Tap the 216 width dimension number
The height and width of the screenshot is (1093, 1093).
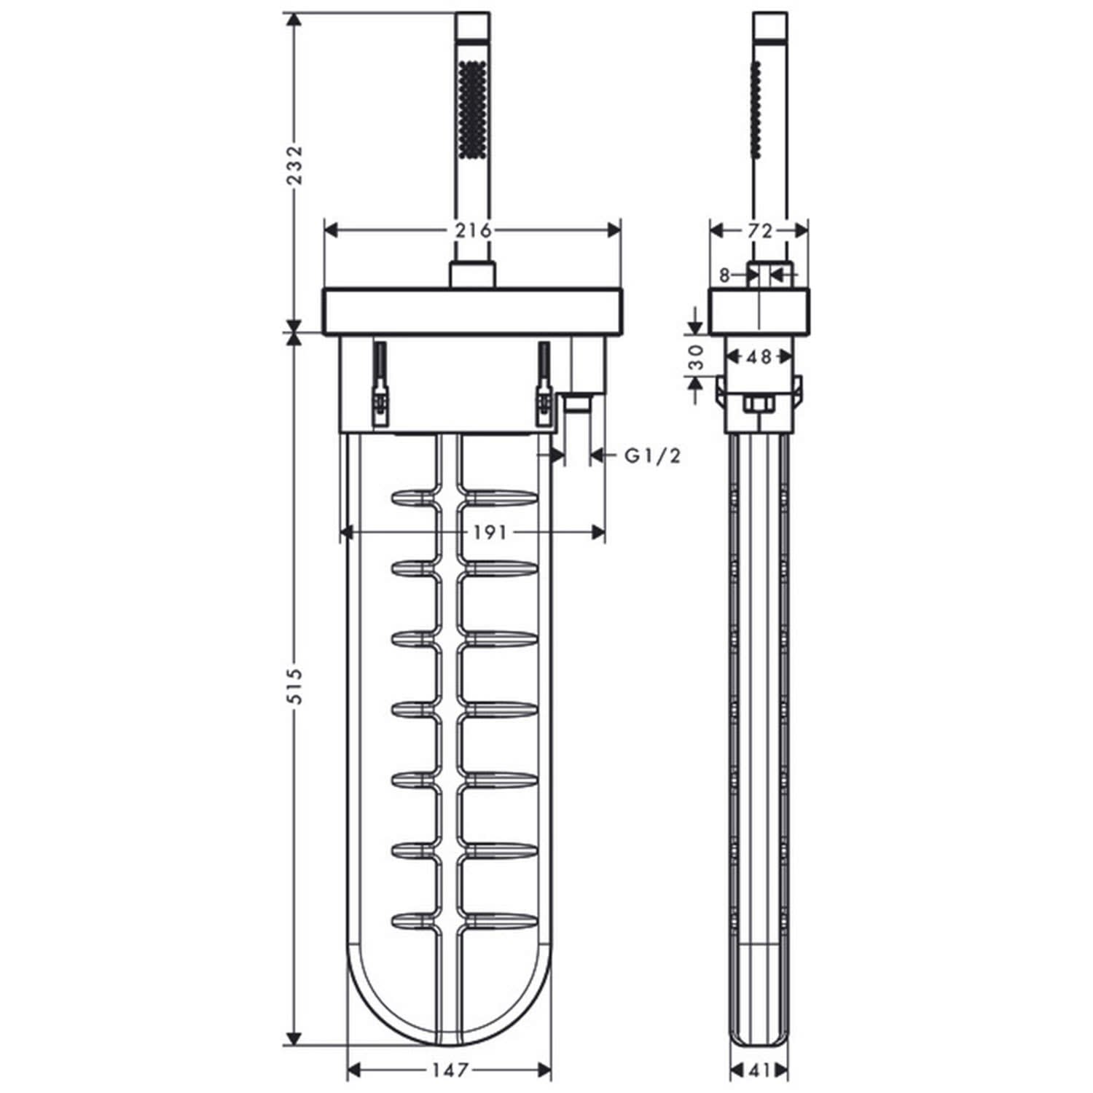473,230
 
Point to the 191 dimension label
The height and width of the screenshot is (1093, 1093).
489,533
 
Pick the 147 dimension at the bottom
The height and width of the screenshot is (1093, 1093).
449,1070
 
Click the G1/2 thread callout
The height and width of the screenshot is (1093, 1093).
653,456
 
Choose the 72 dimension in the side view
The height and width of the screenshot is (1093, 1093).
759,230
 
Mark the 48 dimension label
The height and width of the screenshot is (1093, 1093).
759,357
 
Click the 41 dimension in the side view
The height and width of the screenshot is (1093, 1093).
759,1070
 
